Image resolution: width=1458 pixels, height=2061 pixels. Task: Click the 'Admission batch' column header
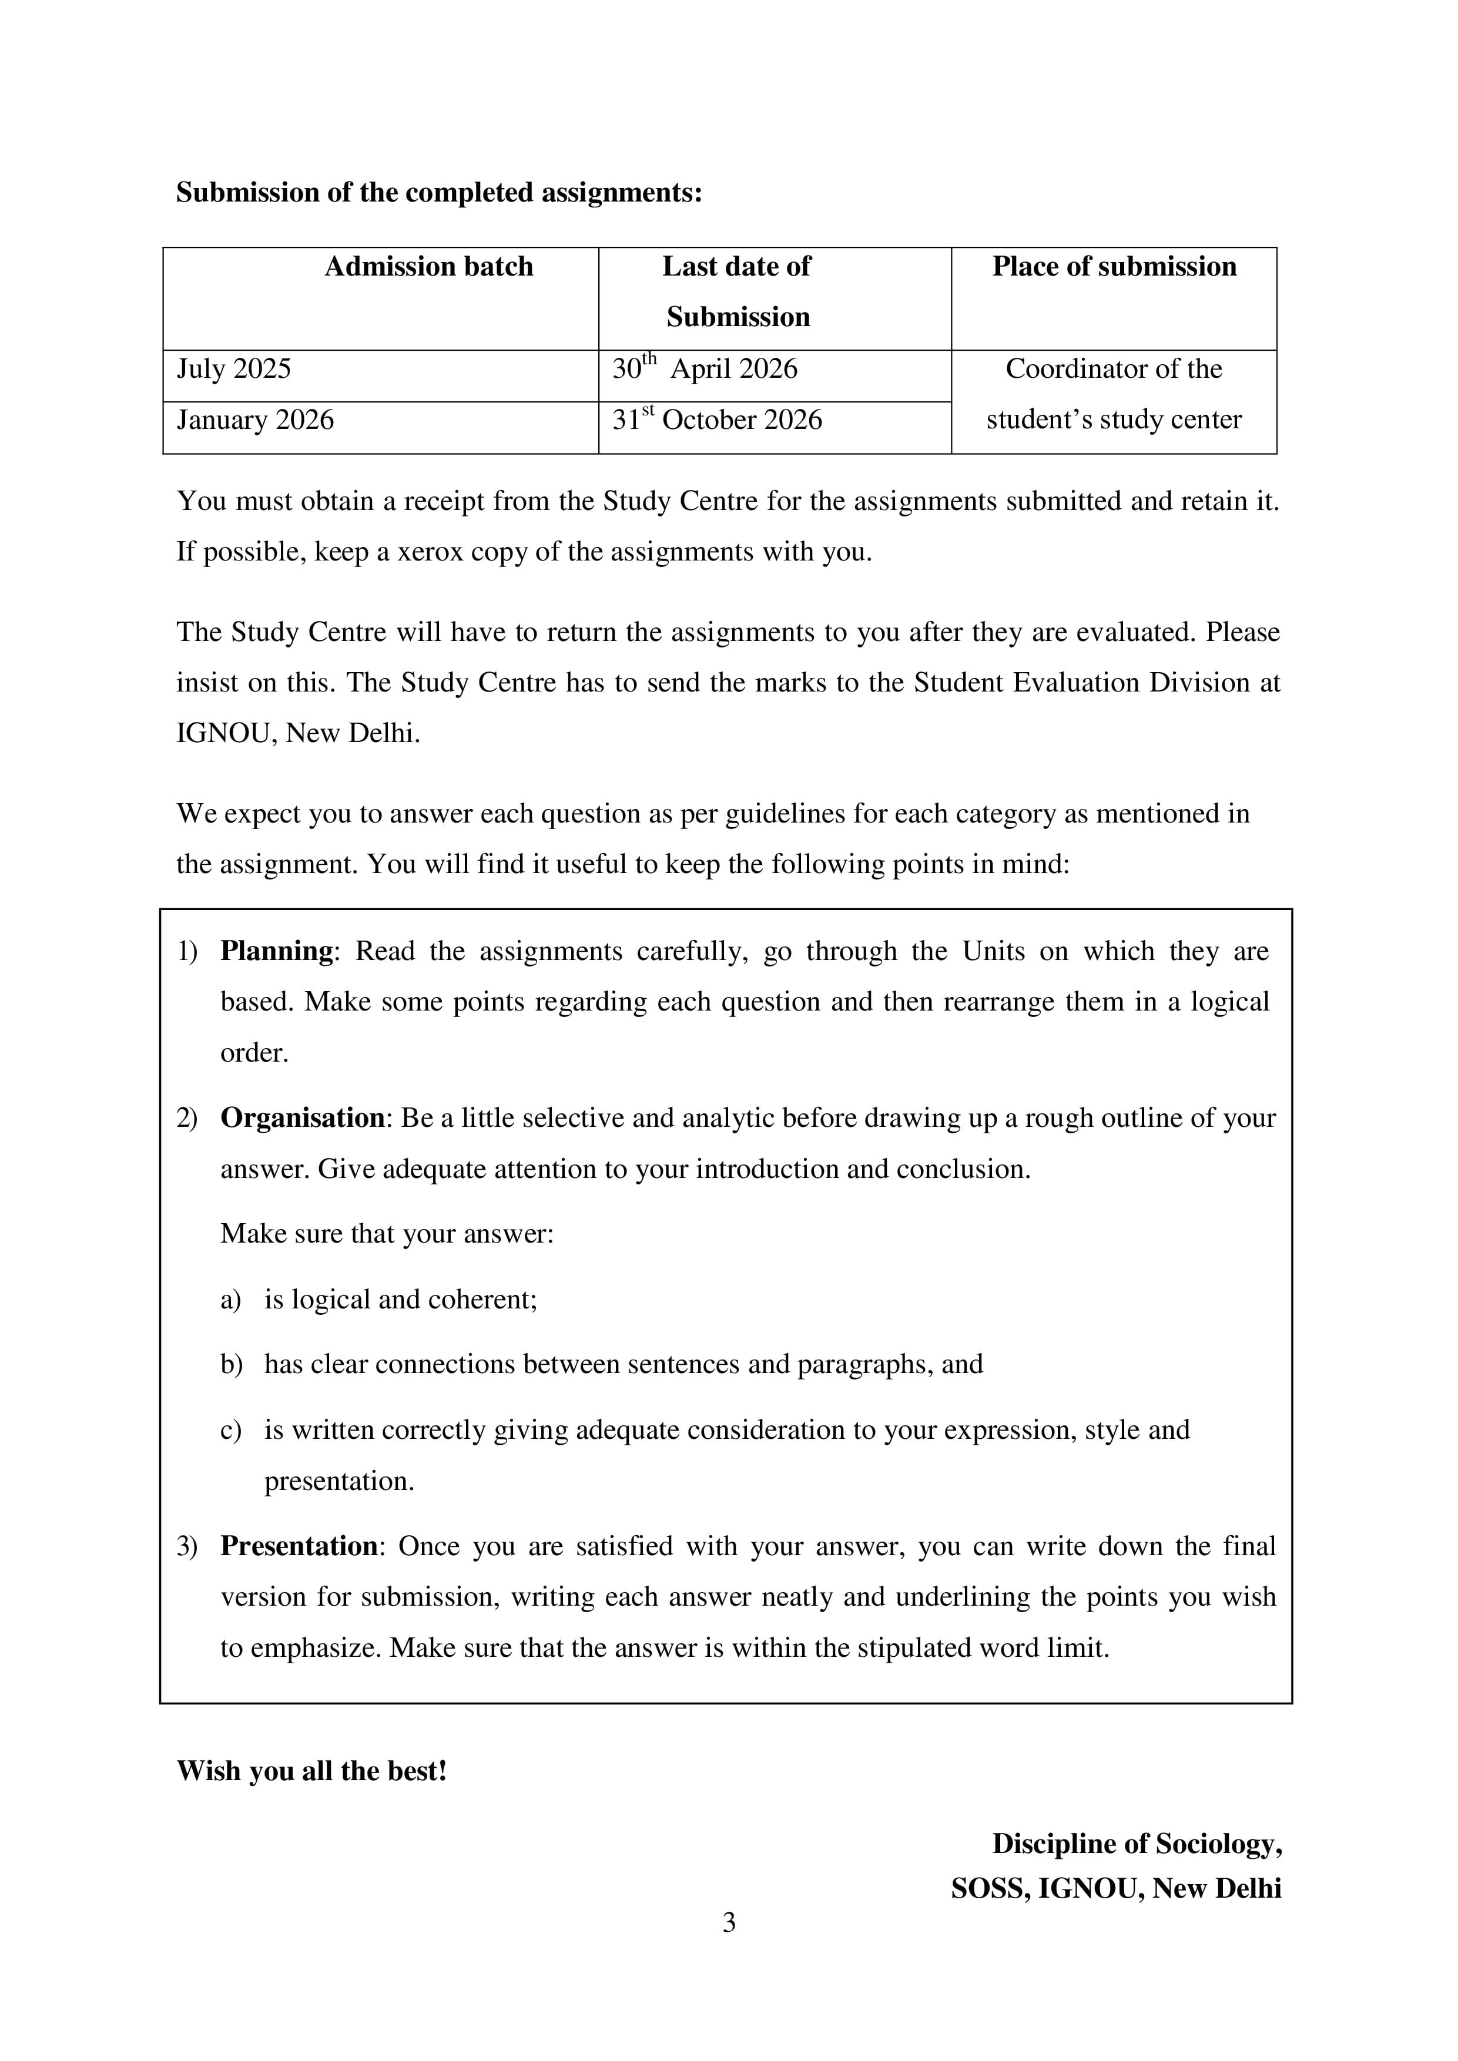428,267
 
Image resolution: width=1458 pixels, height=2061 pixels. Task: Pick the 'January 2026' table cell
255,420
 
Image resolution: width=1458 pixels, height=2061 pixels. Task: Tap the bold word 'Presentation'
299,1546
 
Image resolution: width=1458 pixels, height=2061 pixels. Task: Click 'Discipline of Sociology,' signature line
1137,1843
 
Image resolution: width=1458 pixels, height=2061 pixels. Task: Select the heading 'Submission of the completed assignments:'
438,192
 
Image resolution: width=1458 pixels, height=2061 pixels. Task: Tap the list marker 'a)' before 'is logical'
231,1300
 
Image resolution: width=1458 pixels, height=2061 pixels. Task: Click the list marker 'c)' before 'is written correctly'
231,1430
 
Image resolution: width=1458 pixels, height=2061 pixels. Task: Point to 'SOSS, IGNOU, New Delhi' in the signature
1116,1889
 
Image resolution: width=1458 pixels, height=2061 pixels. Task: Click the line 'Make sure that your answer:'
387,1233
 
